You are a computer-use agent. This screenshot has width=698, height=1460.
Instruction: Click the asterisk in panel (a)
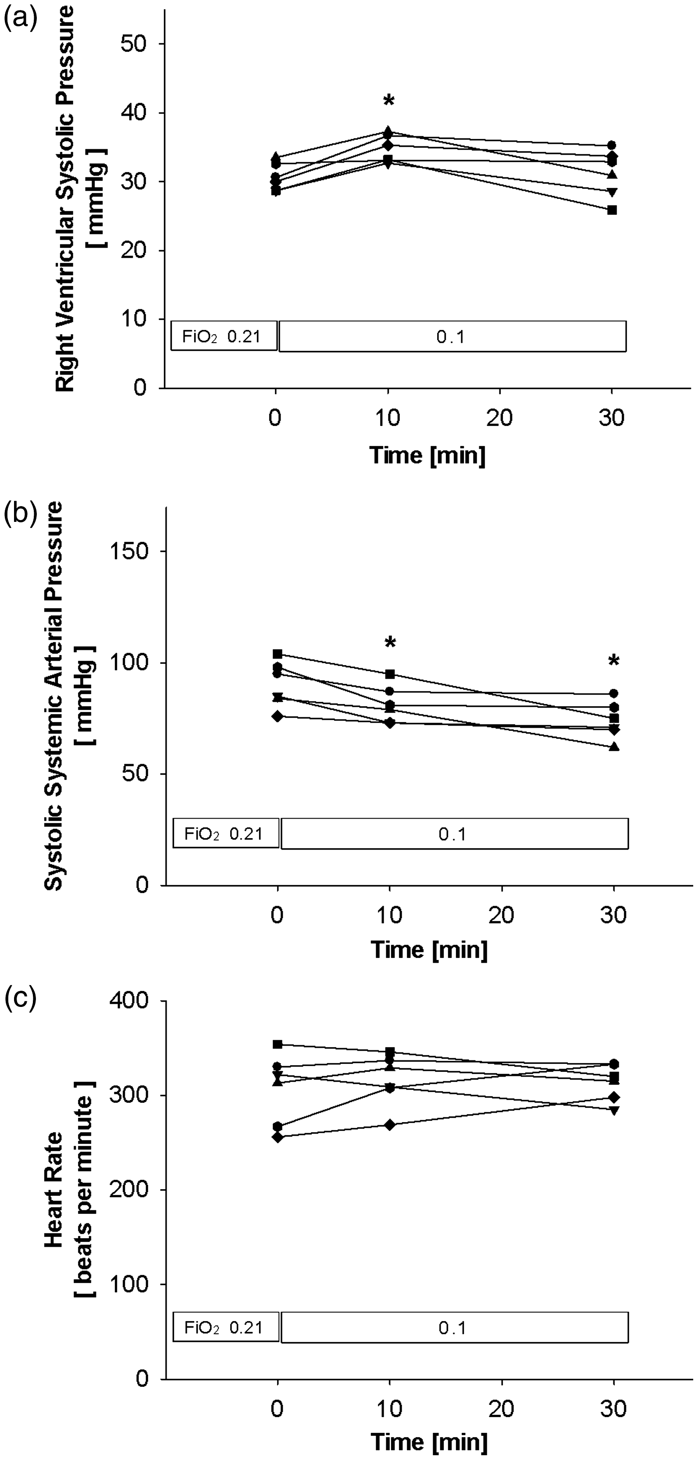[x=388, y=101]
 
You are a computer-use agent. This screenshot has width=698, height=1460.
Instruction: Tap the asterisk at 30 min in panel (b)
[x=613, y=660]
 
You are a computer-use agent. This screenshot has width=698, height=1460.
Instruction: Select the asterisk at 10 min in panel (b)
[x=390, y=642]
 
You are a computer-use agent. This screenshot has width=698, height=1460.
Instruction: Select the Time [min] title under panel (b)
[x=429, y=950]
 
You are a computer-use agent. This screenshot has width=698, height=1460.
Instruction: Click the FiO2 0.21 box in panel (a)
[x=224, y=337]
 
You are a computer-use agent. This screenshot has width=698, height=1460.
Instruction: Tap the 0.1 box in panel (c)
[x=455, y=1329]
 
